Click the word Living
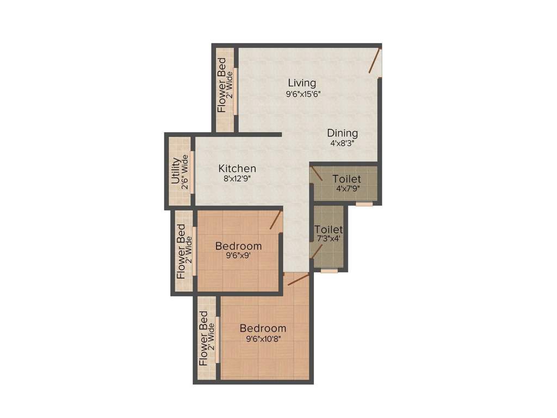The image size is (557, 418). click(x=302, y=83)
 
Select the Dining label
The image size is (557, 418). click(x=342, y=133)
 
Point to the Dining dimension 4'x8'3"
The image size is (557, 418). click(x=342, y=145)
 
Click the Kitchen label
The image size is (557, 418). click(x=237, y=168)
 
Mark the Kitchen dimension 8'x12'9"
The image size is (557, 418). click(x=237, y=178)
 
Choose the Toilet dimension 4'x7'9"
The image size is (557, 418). click(x=346, y=189)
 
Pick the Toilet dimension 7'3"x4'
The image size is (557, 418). click(x=329, y=238)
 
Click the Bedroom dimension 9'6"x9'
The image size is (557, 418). click(x=238, y=256)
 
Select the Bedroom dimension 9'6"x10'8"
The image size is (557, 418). click(x=263, y=339)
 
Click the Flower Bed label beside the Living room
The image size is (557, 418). click(x=222, y=85)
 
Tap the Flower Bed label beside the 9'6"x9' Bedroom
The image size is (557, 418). click(x=181, y=252)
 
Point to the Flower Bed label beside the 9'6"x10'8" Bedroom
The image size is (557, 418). click(x=203, y=338)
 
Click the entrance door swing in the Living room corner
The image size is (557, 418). click(x=374, y=61)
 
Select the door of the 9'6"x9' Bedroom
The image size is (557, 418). click(x=276, y=220)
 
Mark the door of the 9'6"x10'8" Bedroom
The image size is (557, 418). click(x=298, y=280)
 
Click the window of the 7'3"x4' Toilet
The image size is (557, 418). click(x=329, y=270)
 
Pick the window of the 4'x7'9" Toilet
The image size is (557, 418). click(x=364, y=204)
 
